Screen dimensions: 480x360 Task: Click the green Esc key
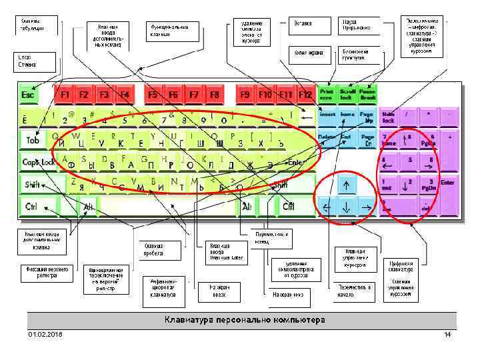tap(29, 95)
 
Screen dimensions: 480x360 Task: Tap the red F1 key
tap(65, 95)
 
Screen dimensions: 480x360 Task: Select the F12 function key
tap(305, 95)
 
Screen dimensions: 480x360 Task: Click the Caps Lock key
tap(39, 162)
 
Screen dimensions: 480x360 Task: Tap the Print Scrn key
tap(327, 94)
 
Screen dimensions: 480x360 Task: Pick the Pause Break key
tap(367, 94)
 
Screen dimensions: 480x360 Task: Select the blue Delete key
tap(327, 139)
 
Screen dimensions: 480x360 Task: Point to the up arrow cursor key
tap(346, 184)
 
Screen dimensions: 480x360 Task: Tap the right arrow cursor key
tap(366, 207)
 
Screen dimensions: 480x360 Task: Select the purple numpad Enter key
tap(447, 184)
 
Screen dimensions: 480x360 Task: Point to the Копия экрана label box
tap(308, 53)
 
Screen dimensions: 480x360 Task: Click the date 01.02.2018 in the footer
tap(45, 333)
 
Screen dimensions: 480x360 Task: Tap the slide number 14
tap(447, 333)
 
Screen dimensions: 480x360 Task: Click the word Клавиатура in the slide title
tap(191, 320)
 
